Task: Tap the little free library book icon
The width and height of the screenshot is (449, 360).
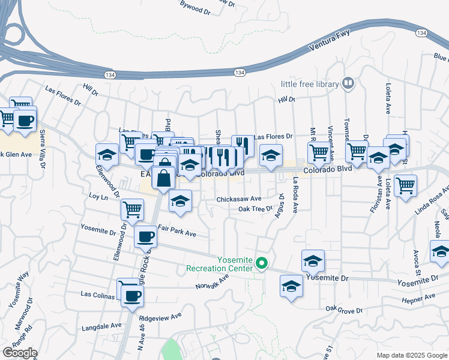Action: click(347, 84)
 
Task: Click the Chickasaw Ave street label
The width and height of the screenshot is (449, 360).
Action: click(238, 199)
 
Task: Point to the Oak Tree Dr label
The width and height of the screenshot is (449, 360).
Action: click(255, 209)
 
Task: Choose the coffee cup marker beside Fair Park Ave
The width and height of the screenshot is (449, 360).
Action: click(145, 236)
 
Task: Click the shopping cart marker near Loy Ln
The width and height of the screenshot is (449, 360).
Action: click(132, 209)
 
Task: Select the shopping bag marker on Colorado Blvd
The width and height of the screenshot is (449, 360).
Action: click(164, 178)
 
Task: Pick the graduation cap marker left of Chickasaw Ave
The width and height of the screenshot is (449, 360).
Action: click(180, 202)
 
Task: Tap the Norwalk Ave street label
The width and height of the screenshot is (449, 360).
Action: click(212, 281)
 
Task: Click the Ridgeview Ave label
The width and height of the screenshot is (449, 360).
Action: click(160, 316)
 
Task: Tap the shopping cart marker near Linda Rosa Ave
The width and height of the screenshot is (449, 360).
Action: click(405, 185)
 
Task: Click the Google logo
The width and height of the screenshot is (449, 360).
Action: click(20, 353)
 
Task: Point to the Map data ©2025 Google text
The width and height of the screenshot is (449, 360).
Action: click(412, 355)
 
